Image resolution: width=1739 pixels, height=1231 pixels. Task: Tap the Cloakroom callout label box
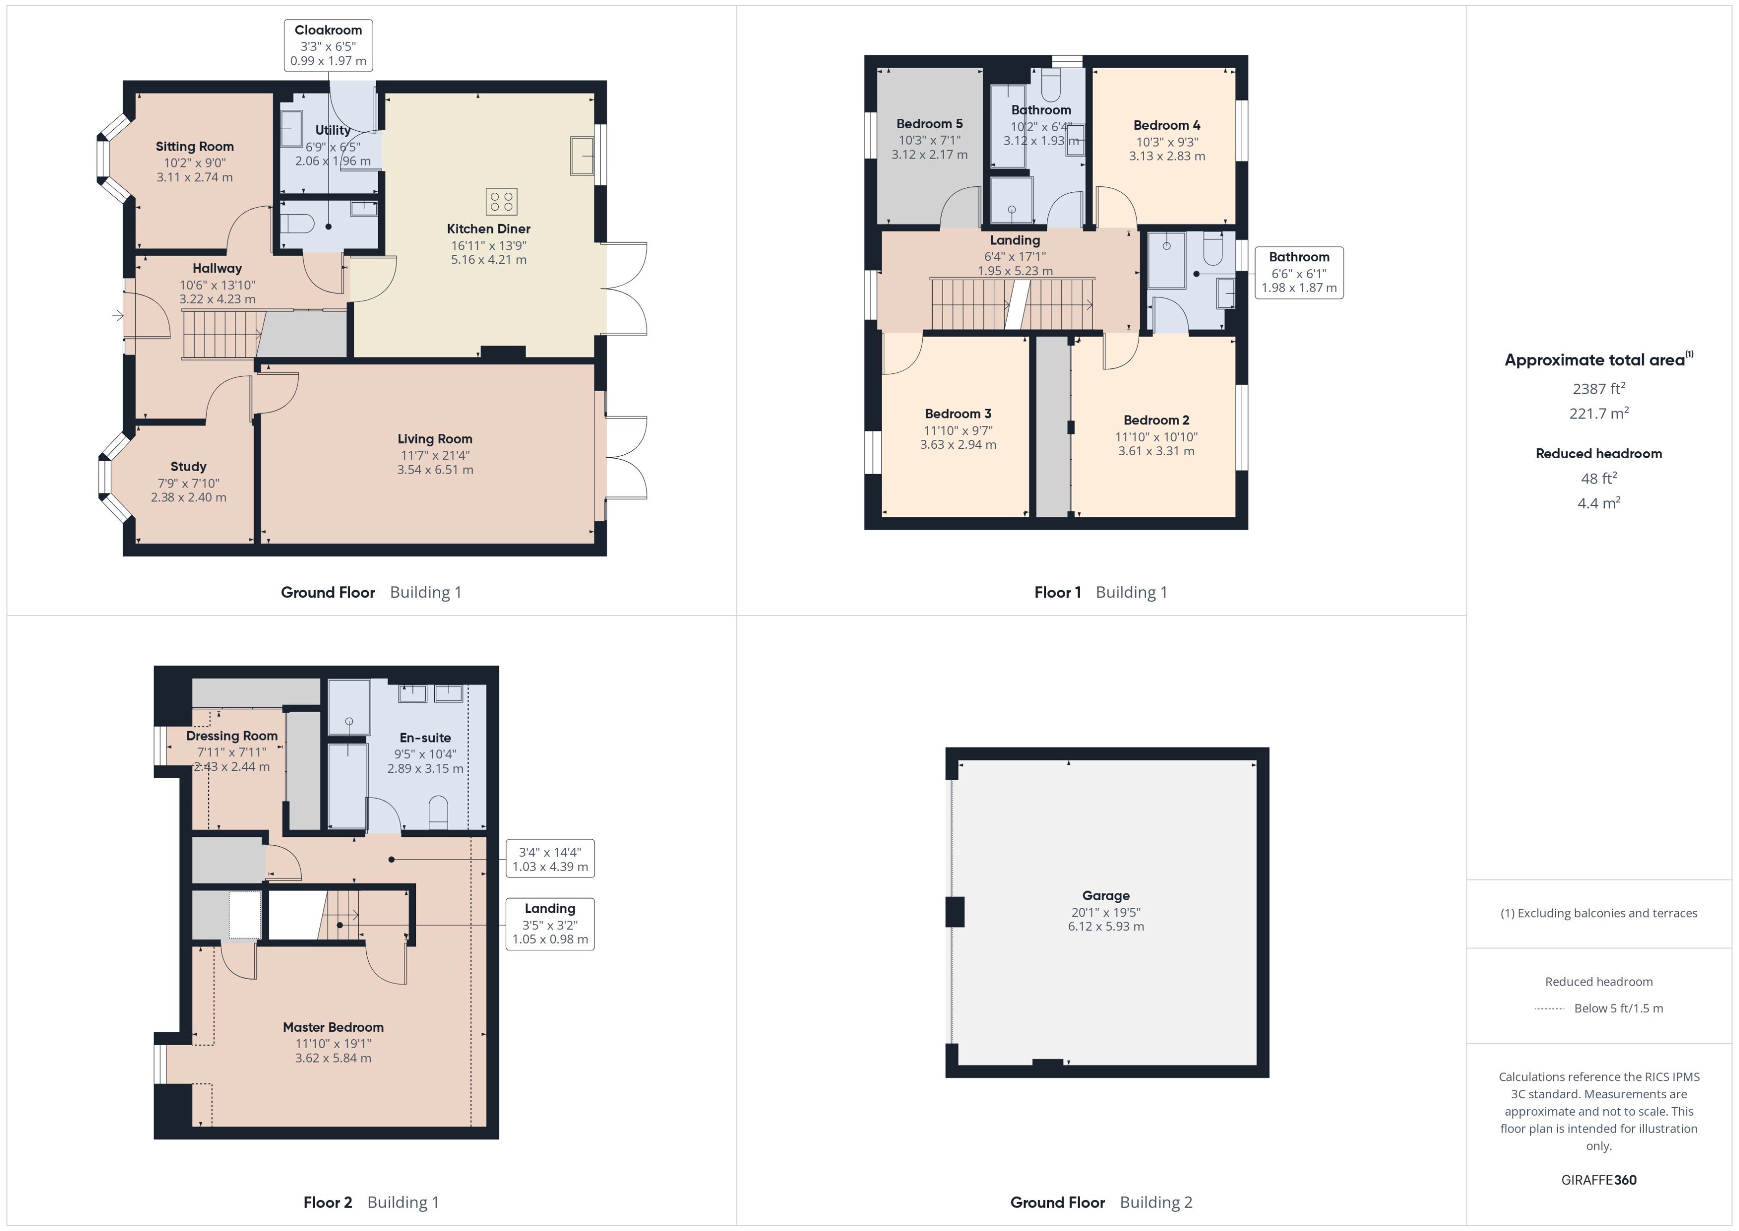click(328, 46)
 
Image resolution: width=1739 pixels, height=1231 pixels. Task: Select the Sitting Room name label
click(195, 146)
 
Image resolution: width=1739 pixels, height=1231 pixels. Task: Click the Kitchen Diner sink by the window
click(582, 156)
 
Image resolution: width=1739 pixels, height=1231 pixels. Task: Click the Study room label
click(188, 466)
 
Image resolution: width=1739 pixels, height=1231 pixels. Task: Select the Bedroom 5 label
click(929, 124)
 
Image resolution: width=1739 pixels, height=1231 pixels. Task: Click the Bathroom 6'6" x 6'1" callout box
click(1299, 272)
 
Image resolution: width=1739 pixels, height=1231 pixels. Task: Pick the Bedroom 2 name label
click(1156, 420)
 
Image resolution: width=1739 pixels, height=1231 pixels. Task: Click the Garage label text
click(1106, 895)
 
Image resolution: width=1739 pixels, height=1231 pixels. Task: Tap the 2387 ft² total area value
click(1598, 389)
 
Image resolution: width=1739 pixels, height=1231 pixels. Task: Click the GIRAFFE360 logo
click(1598, 1179)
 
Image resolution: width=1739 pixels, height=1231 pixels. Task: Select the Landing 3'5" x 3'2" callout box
click(550, 923)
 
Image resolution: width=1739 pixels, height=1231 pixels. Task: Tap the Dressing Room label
click(232, 735)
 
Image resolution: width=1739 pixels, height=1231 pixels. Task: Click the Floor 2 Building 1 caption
click(371, 1202)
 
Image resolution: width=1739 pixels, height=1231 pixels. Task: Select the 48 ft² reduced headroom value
click(1598, 478)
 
